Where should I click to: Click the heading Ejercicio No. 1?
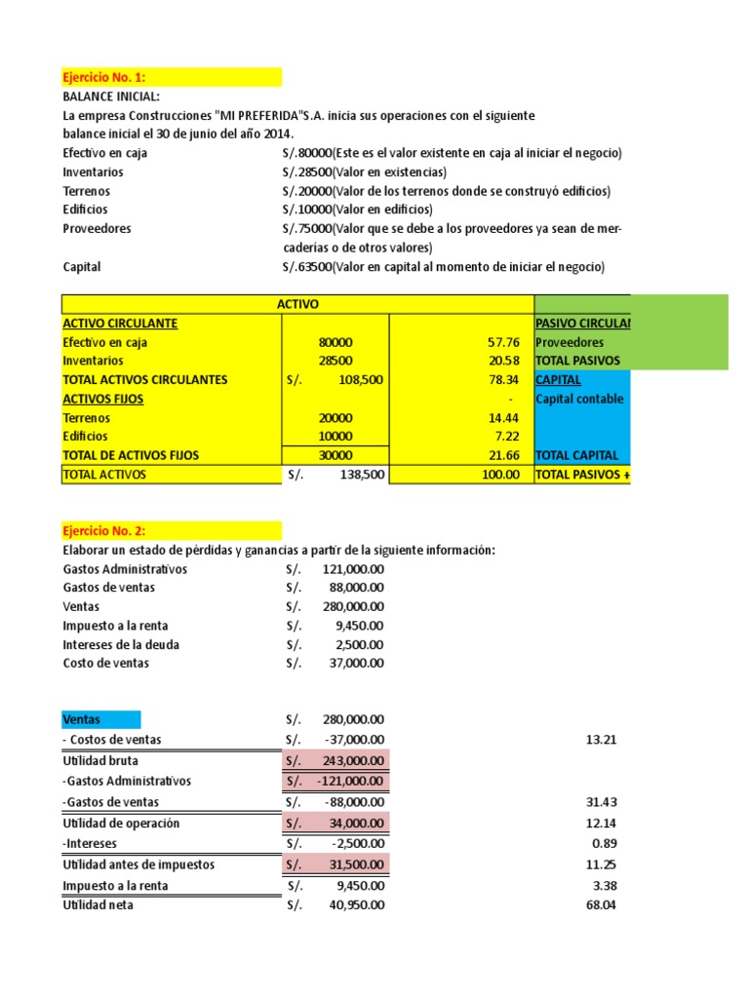pyautogui.click(x=103, y=77)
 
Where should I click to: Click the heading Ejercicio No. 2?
pyautogui.click(x=103, y=531)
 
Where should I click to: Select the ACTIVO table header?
pyautogui.click(x=297, y=305)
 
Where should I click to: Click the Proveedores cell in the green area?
pyautogui.click(x=570, y=343)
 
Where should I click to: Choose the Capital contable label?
pyautogui.click(x=579, y=399)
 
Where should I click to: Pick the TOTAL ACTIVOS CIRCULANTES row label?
pyautogui.click(x=144, y=380)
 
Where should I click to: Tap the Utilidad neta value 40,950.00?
pyautogui.click(x=353, y=905)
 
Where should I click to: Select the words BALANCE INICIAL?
pyautogui.click(x=111, y=97)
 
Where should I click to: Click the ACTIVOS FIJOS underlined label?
pyautogui.click(x=101, y=399)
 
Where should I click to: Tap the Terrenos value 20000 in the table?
pyautogui.click(x=335, y=417)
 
